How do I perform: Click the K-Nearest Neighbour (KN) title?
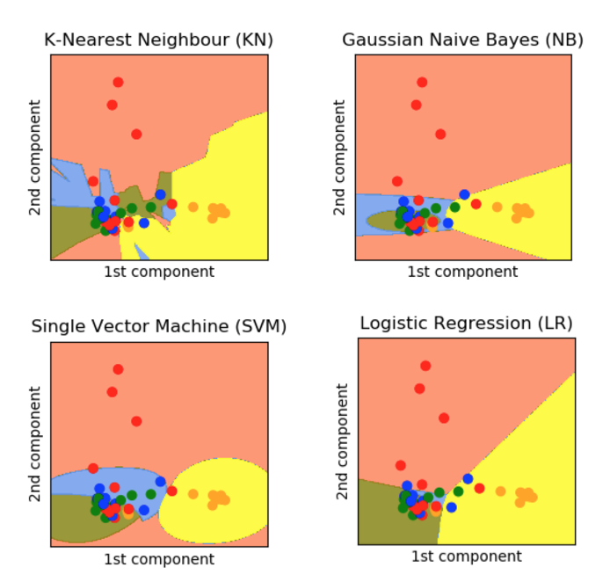(159, 40)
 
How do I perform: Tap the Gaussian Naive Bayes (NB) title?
(462, 40)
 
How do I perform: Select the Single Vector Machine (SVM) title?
(159, 327)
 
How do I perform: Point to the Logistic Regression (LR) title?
(466, 324)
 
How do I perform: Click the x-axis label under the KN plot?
(159, 272)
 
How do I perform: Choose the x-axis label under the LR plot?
(466, 557)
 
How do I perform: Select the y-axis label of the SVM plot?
(36, 444)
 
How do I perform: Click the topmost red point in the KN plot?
(118, 82)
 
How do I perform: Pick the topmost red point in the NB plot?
(422, 82)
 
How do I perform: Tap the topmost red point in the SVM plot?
(118, 369)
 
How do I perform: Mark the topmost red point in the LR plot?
(425, 366)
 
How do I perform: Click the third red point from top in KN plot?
(136, 134)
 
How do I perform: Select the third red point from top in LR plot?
(444, 418)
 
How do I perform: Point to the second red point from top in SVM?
(112, 392)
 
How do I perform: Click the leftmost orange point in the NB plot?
(497, 207)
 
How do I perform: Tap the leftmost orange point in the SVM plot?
(192, 494)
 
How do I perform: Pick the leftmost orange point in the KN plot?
(192, 207)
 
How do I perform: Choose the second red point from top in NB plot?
(416, 105)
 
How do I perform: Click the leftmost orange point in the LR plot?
(500, 491)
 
